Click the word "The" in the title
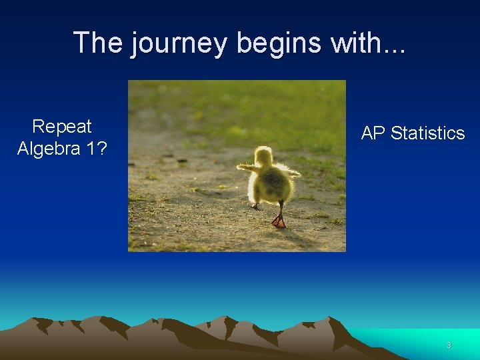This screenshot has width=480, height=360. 99,43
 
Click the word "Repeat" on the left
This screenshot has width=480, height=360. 62,127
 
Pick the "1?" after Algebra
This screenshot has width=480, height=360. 96,149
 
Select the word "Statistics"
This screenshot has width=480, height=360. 427,133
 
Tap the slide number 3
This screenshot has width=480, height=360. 449,345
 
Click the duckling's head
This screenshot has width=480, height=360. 264,157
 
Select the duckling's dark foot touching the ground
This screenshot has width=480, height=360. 256,207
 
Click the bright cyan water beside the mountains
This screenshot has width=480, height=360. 427,337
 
